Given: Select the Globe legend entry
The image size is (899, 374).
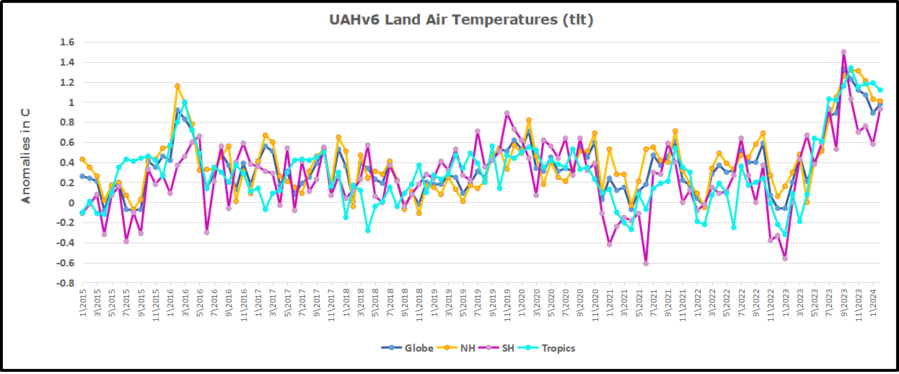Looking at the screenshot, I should [x=408, y=348].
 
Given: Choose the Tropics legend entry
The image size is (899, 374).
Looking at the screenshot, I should [x=552, y=348].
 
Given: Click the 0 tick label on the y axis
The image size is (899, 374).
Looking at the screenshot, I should [x=70, y=203].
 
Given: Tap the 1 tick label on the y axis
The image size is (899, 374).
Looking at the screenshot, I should [x=70, y=103].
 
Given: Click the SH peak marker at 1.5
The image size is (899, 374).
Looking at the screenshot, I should [x=843, y=52].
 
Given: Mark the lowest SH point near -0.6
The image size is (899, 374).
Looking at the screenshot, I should [x=646, y=264].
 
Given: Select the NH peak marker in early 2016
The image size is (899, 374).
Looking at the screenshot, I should [x=177, y=86].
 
